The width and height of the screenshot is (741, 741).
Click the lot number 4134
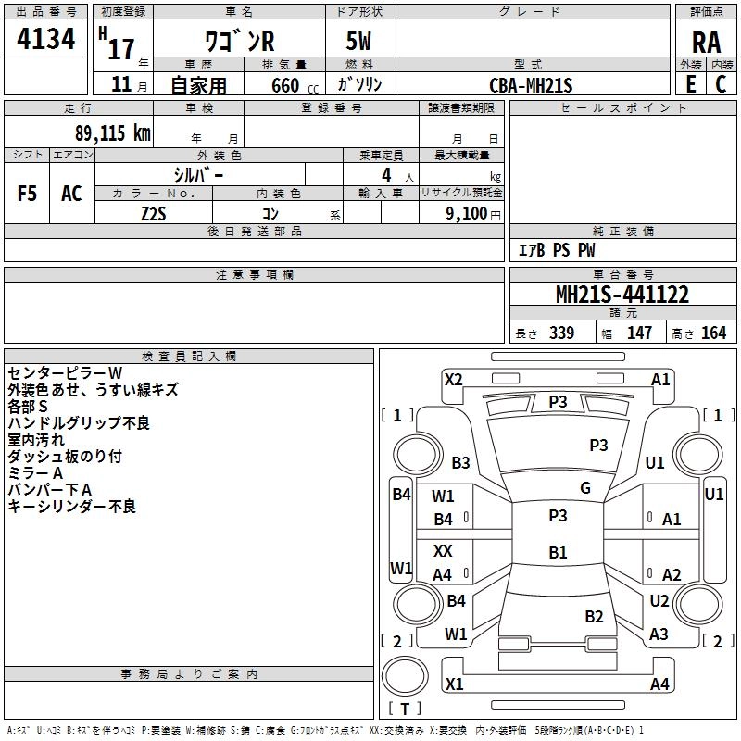(45, 40)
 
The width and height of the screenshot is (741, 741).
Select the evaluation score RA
(706, 43)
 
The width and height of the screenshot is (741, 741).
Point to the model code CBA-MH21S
(531, 85)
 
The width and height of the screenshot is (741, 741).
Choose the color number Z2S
(153, 213)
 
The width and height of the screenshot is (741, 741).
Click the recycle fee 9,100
(460, 213)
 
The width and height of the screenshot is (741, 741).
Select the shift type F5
(28, 193)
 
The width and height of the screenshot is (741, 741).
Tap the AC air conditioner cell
(71, 193)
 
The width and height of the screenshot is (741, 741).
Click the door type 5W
(360, 43)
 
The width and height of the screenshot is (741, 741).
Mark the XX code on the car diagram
(443, 550)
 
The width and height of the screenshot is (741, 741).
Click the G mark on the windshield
(585, 487)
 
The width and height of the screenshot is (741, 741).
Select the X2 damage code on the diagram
(454, 379)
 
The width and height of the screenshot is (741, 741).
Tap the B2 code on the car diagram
(594, 616)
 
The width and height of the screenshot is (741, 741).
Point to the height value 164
(713, 333)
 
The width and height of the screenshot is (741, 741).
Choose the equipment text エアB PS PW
(557, 250)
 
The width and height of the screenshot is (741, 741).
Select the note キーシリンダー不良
(72, 506)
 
